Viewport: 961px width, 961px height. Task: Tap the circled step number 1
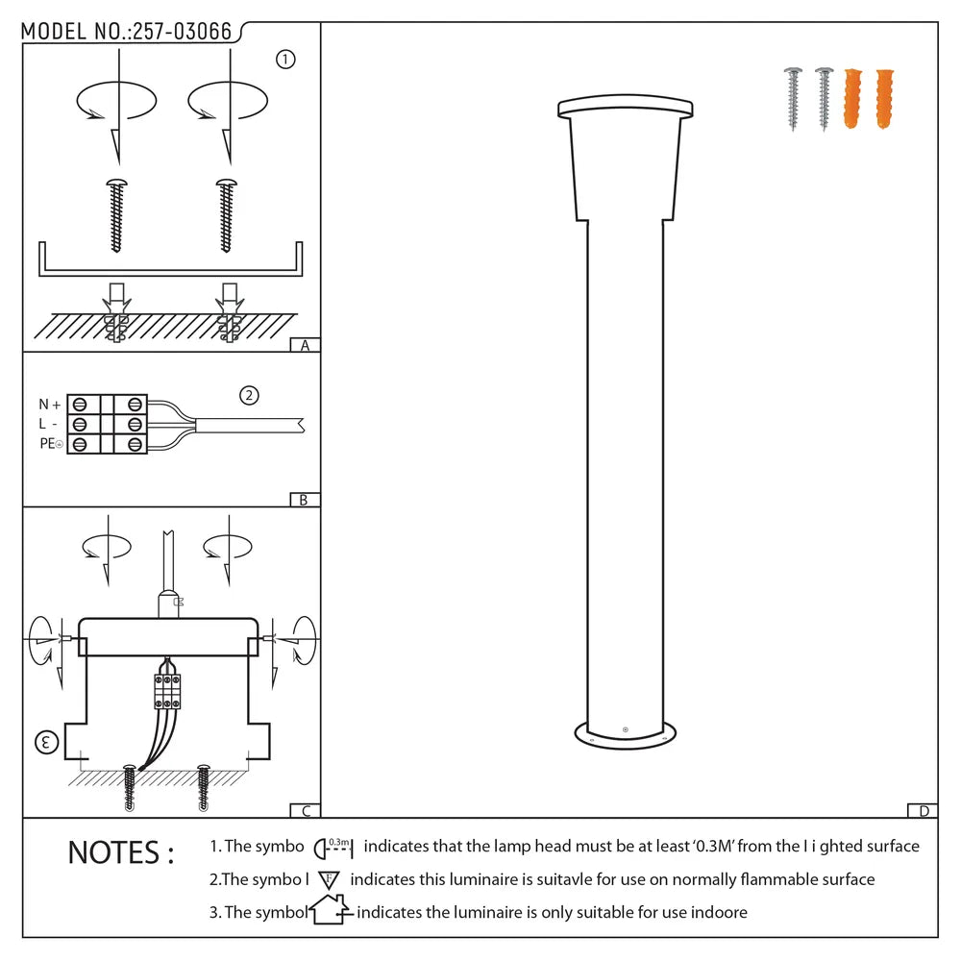pos(285,60)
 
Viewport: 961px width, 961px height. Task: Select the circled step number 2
pos(249,395)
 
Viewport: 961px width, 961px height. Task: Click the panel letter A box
pos(305,346)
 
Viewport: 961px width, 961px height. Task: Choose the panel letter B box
pos(304,500)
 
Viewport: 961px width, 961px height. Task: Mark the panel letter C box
pos(305,811)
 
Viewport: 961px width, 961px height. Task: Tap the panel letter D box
pos(923,811)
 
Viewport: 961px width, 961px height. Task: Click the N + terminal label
pos(50,405)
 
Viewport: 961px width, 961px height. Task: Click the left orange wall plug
pos(851,99)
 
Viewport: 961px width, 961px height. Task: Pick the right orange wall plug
pos(883,99)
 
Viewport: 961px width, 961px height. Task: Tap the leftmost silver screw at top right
pos(794,98)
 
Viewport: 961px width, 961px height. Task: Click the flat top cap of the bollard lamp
pos(625,106)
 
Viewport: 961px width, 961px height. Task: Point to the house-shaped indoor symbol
pos(331,910)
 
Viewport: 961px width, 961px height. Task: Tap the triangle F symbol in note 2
pos(329,878)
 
